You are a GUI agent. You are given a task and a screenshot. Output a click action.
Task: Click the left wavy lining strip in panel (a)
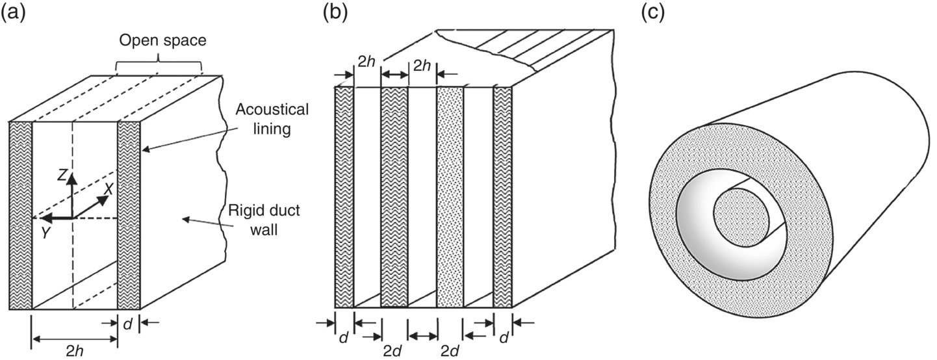20,214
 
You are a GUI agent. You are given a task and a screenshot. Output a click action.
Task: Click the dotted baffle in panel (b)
450,195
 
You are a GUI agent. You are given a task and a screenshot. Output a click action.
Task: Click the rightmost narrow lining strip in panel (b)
502,195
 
